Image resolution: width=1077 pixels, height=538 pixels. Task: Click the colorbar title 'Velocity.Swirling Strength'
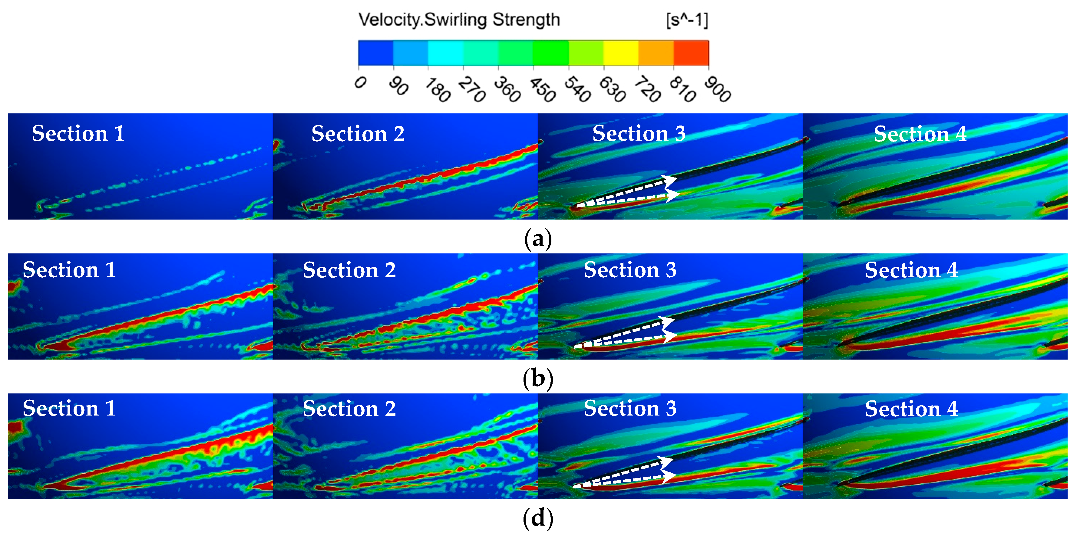[459, 20]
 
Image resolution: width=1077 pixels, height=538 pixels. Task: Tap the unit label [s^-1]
[687, 20]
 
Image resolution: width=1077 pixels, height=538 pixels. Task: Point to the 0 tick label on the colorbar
[360, 82]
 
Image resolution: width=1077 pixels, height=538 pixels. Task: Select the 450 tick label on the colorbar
[542, 90]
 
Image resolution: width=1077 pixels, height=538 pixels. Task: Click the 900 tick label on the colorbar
[717, 90]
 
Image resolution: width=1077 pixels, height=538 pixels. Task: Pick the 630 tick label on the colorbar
[612, 90]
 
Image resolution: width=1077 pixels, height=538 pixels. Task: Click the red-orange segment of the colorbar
[691, 53]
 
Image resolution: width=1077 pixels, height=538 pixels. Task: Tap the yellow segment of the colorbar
[621, 53]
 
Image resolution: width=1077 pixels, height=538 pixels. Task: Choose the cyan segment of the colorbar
[445, 53]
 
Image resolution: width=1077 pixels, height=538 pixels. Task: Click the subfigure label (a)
[538, 239]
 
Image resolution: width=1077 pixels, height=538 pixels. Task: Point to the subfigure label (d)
[538, 518]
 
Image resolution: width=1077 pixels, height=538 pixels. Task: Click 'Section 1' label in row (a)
[78, 134]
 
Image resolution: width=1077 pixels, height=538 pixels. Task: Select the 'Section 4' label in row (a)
[920, 134]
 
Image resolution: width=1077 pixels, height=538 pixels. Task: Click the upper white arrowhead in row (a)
[670, 181]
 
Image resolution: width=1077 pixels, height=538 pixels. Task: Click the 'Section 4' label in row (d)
[911, 409]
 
